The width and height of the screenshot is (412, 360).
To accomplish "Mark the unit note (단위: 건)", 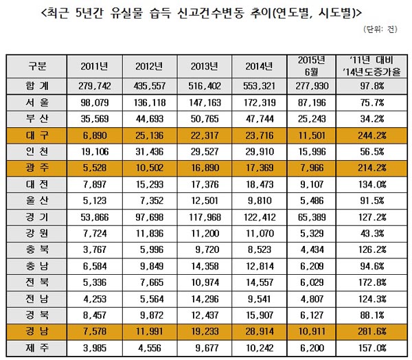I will pyautogui.click(x=382, y=30).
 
